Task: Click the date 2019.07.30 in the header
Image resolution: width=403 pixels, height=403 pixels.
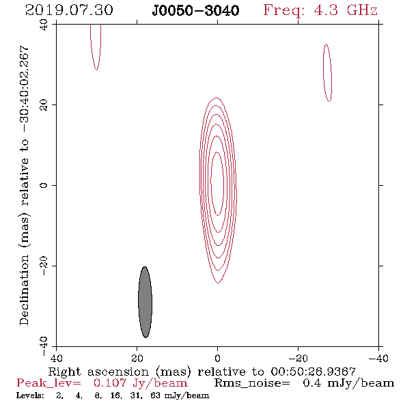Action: click(x=69, y=10)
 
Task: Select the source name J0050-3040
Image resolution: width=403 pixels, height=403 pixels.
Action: click(x=195, y=11)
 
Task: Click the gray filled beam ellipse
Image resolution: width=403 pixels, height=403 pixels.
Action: click(x=145, y=302)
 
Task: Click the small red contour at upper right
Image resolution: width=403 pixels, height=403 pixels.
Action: click(x=327, y=72)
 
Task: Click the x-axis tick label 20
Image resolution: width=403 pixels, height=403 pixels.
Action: click(x=137, y=359)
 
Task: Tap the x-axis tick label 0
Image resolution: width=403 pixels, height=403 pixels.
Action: click(x=217, y=359)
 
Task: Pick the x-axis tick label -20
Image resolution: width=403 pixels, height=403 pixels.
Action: click(x=298, y=359)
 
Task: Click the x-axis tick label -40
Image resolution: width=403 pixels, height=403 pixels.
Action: click(x=378, y=359)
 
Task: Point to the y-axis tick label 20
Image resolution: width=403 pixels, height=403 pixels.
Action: click(x=44, y=105)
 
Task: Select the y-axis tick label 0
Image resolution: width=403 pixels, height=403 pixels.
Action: click(x=44, y=185)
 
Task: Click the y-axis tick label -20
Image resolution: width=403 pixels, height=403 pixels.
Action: click(x=44, y=266)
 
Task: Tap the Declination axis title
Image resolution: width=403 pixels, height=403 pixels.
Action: click(x=24, y=185)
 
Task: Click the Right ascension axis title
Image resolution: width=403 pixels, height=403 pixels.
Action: click(x=201, y=372)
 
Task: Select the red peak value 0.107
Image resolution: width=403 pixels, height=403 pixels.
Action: click(x=110, y=383)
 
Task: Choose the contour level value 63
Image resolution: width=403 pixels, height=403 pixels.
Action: click(x=155, y=395)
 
